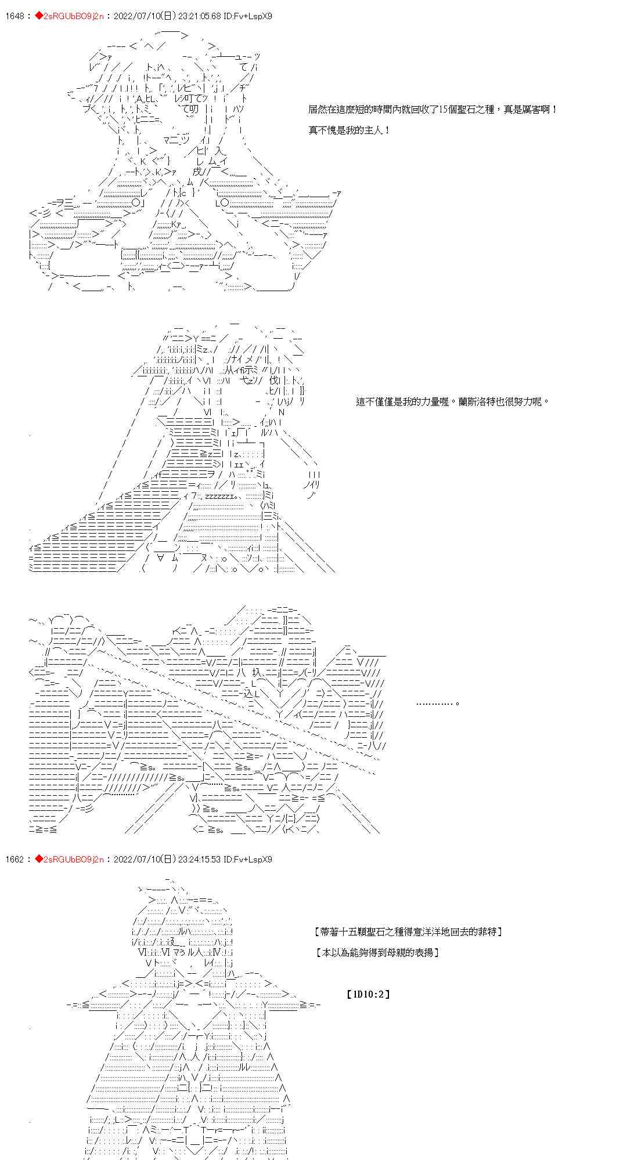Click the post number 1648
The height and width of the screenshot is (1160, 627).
14,16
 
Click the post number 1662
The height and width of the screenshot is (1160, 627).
14,859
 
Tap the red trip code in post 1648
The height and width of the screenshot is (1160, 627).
69,16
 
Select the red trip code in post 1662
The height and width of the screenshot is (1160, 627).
69,859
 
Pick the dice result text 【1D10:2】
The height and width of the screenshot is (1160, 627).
368,994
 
